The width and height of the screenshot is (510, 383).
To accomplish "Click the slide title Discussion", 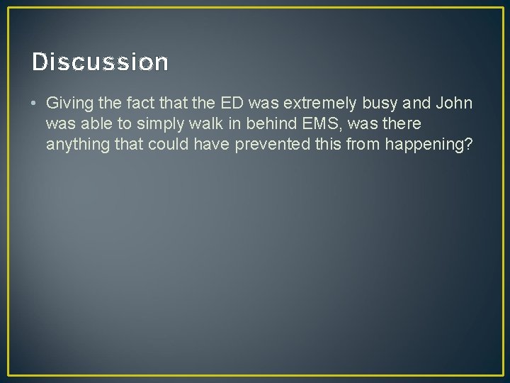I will click(100, 62).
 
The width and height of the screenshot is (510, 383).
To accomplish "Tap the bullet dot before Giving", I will click(35, 104).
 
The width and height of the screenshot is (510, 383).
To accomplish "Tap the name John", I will click(455, 104).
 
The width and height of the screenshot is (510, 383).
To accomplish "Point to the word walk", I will click(202, 124).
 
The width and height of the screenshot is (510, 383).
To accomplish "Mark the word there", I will click(401, 124).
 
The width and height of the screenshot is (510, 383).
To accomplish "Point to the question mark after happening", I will click(469, 145).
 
